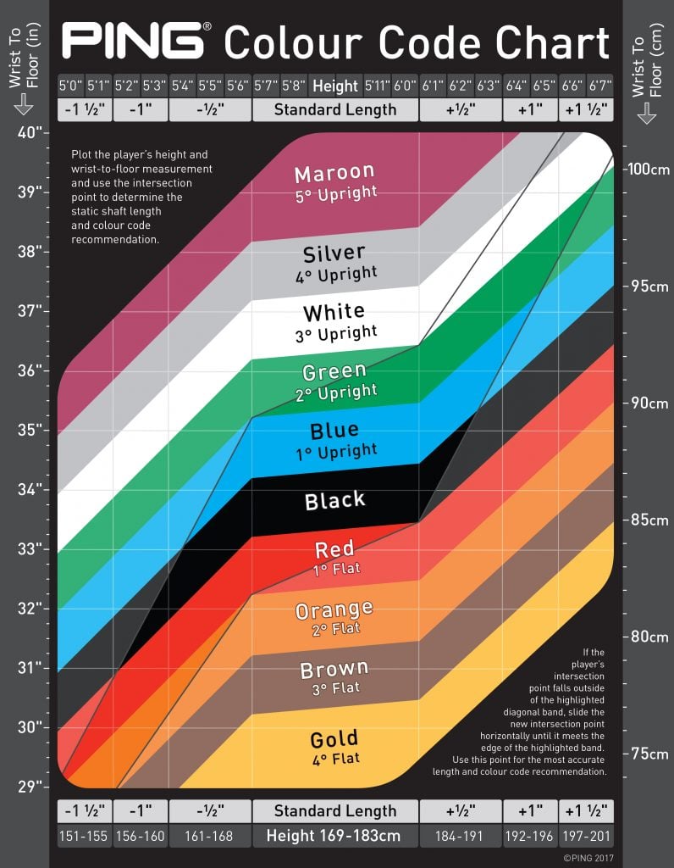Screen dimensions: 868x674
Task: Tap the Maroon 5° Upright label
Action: (x=334, y=182)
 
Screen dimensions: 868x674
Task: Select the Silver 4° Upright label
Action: (x=334, y=263)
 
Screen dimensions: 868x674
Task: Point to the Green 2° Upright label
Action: (x=334, y=381)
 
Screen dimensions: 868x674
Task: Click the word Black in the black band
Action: (x=334, y=501)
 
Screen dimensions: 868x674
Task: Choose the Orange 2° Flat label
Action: (x=334, y=618)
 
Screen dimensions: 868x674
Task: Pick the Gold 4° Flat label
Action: (x=334, y=746)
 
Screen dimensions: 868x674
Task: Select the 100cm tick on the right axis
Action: (x=648, y=169)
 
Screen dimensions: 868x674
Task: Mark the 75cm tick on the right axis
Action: (x=648, y=754)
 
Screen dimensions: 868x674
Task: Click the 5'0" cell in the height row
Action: (x=70, y=86)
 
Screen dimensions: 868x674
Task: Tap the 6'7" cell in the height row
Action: (x=599, y=86)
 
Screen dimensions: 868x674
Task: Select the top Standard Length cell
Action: (x=334, y=109)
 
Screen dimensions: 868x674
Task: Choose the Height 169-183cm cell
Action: (x=334, y=836)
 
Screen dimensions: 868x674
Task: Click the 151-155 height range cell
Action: (x=83, y=836)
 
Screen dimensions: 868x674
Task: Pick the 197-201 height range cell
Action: (x=585, y=836)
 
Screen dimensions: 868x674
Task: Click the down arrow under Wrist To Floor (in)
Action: (x=23, y=104)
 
